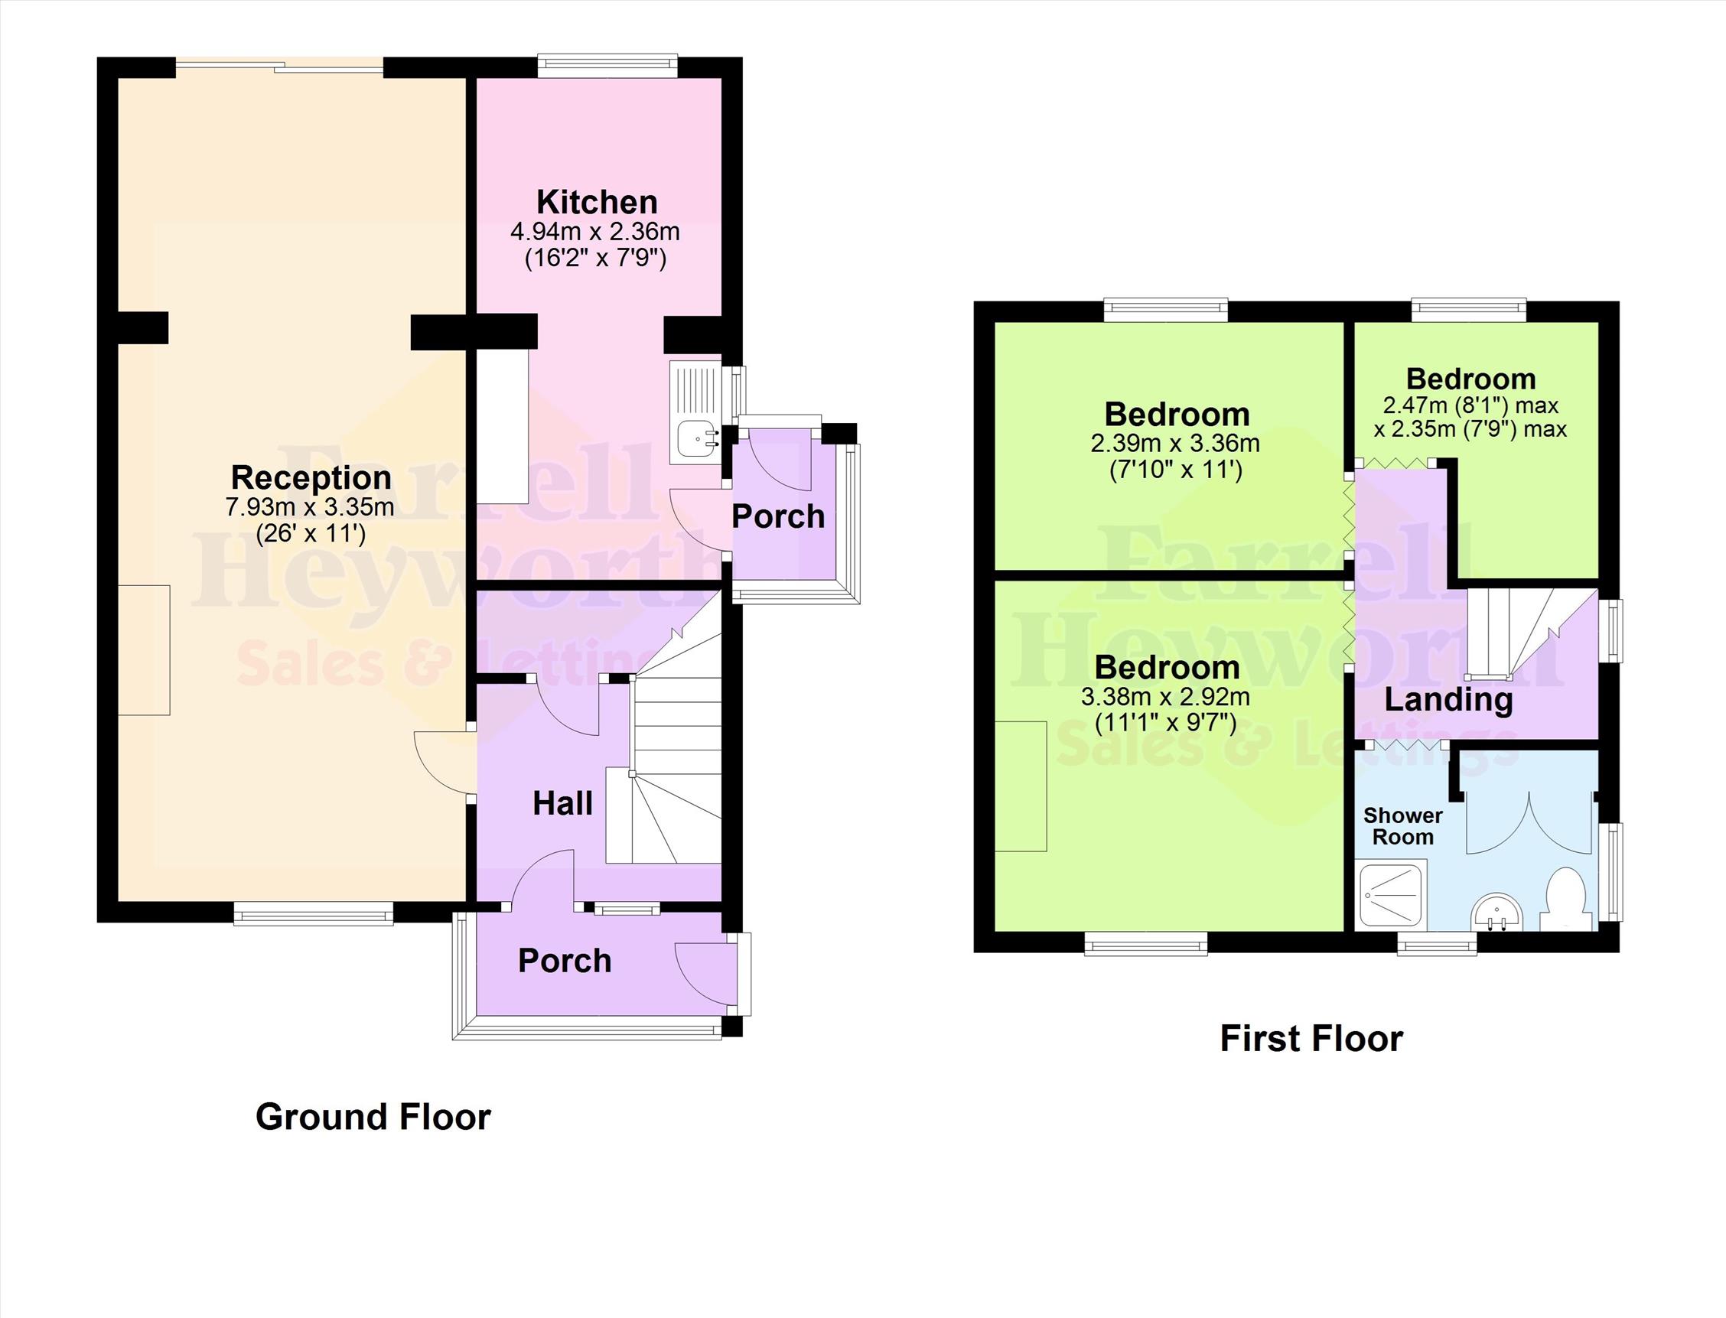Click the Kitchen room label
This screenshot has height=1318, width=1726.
[597, 203]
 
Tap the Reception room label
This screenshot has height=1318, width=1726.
[311, 478]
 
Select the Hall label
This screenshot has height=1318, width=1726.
[562, 803]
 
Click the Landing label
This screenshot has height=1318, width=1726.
[1448, 700]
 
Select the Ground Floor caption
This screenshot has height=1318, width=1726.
[373, 1116]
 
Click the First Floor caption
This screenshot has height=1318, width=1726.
[1311, 1039]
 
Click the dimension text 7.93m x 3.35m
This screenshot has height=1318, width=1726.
[310, 508]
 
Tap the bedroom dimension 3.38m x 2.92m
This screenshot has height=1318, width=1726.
[1165, 697]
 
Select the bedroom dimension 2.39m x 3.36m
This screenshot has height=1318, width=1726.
[1175, 443]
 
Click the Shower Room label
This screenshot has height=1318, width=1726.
[1403, 826]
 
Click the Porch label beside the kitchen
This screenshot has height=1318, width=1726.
[778, 516]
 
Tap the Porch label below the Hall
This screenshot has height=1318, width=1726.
[564, 961]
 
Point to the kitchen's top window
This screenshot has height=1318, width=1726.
[607, 65]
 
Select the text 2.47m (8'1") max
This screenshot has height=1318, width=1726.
[1470, 405]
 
